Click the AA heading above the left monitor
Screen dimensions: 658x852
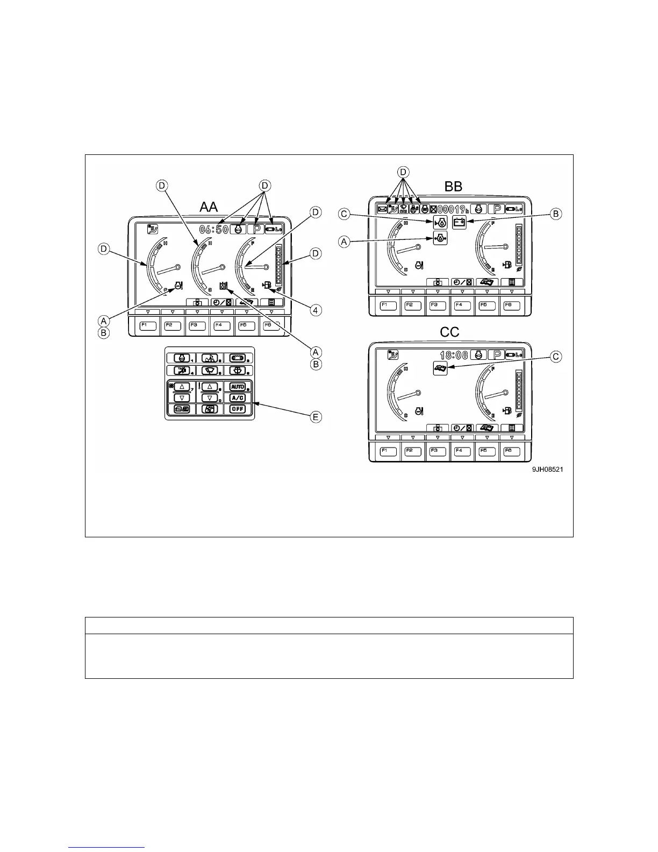(209, 207)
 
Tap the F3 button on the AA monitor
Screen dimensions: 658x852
(198, 325)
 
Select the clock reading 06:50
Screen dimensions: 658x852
(214, 230)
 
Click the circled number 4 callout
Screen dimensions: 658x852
(317, 310)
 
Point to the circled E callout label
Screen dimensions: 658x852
(317, 417)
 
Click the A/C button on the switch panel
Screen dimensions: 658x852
(237, 397)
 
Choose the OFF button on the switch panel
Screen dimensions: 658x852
(237, 409)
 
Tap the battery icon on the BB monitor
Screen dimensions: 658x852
(459, 223)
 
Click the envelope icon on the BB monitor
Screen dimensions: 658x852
(382, 210)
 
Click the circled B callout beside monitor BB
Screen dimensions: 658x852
(556, 214)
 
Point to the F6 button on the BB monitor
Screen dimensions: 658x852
(511, 306)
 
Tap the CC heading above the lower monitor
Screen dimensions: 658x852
(449, 332)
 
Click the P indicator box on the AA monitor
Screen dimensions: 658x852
(254, 229)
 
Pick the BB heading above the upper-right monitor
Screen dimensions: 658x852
(453, 187)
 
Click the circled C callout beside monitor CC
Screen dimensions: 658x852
(556, 357)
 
